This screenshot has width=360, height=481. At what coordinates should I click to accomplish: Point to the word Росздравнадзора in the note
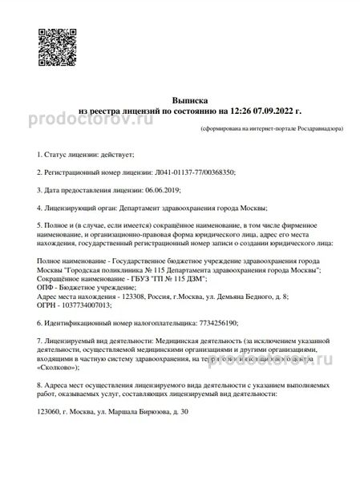[x=303, y=127]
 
